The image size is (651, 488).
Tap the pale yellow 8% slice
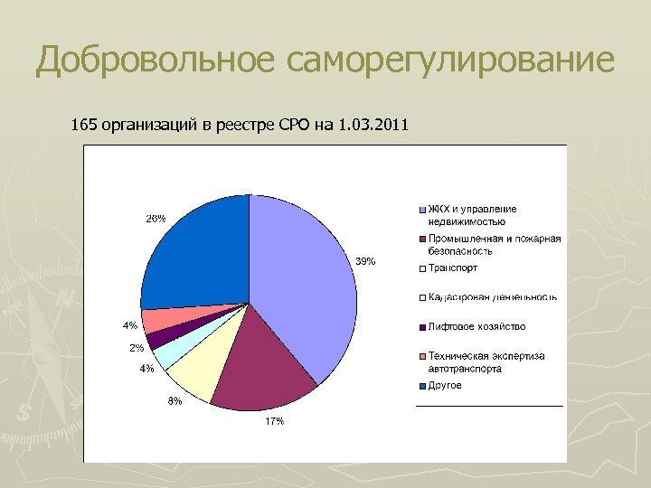[201, 371]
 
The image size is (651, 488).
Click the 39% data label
[364, 261]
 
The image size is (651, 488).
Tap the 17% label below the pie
[274, 422]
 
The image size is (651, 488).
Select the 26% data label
[156, 219]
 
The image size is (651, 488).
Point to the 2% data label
[137, 348]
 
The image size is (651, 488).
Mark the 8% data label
[174, 401]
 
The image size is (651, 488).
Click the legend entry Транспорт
[453, 268]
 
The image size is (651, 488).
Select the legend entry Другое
[445, 386]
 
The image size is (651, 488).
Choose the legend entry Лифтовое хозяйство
[476, 327]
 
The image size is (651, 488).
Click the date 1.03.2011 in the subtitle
[373, 124]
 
